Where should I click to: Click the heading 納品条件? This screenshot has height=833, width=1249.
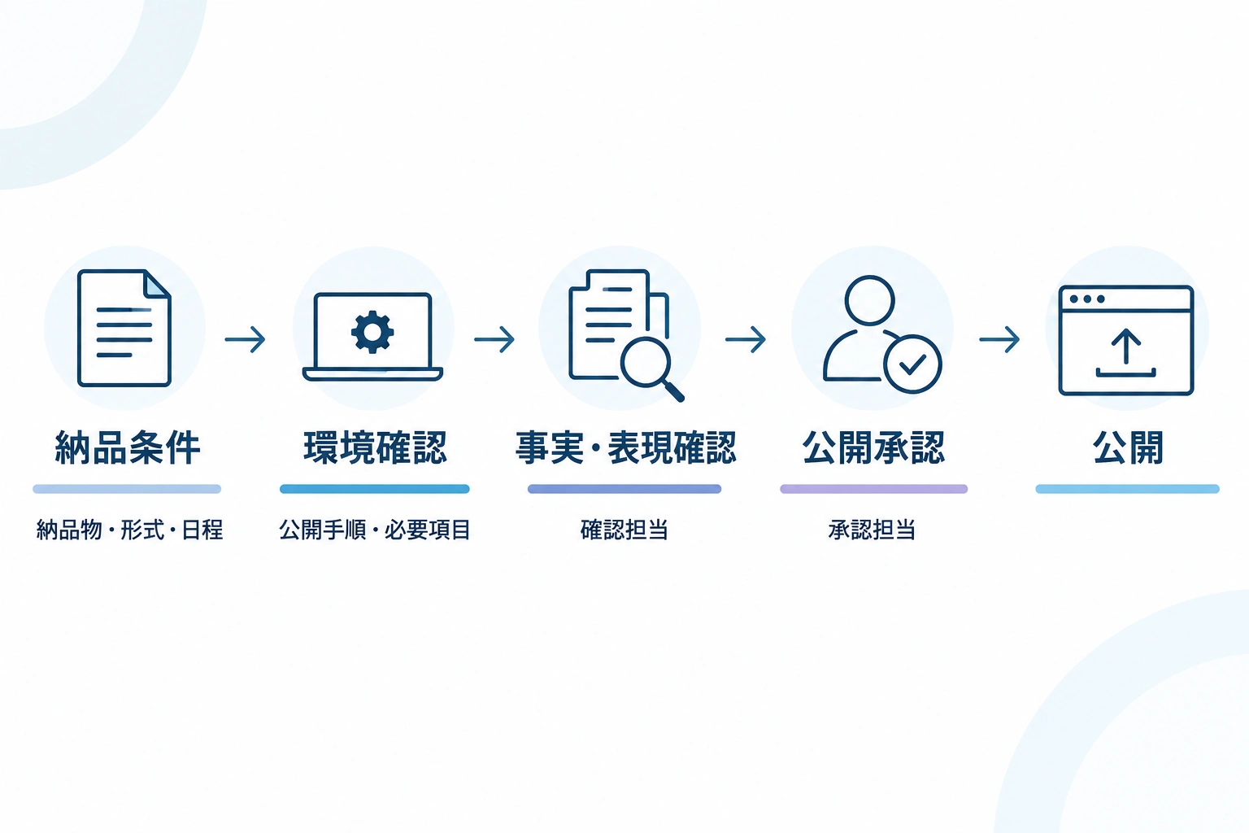127,447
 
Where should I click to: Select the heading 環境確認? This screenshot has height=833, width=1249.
375,447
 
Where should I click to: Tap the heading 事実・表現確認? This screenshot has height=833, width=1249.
625,447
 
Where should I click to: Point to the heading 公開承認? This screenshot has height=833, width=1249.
873,447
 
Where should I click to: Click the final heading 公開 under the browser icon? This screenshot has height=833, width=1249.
1128,447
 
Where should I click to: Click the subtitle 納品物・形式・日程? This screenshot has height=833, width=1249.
129,530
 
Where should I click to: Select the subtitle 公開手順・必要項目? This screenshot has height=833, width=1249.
375,530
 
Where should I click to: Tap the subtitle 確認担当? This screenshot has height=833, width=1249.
624,530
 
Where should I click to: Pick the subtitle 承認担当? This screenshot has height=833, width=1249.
872,530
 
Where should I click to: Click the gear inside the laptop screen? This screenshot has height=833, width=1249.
372,332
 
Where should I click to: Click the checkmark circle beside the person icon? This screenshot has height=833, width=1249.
913,364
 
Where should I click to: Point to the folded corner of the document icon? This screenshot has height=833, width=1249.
157,284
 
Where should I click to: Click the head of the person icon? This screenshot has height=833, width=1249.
869,300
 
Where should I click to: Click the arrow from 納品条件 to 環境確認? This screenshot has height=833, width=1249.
245,339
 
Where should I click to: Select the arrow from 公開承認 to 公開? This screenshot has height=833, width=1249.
999,339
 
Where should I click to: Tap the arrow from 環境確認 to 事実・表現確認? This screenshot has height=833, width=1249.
494,339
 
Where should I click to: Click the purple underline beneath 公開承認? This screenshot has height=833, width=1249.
874,490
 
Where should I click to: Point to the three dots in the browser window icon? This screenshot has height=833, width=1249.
1087,299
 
